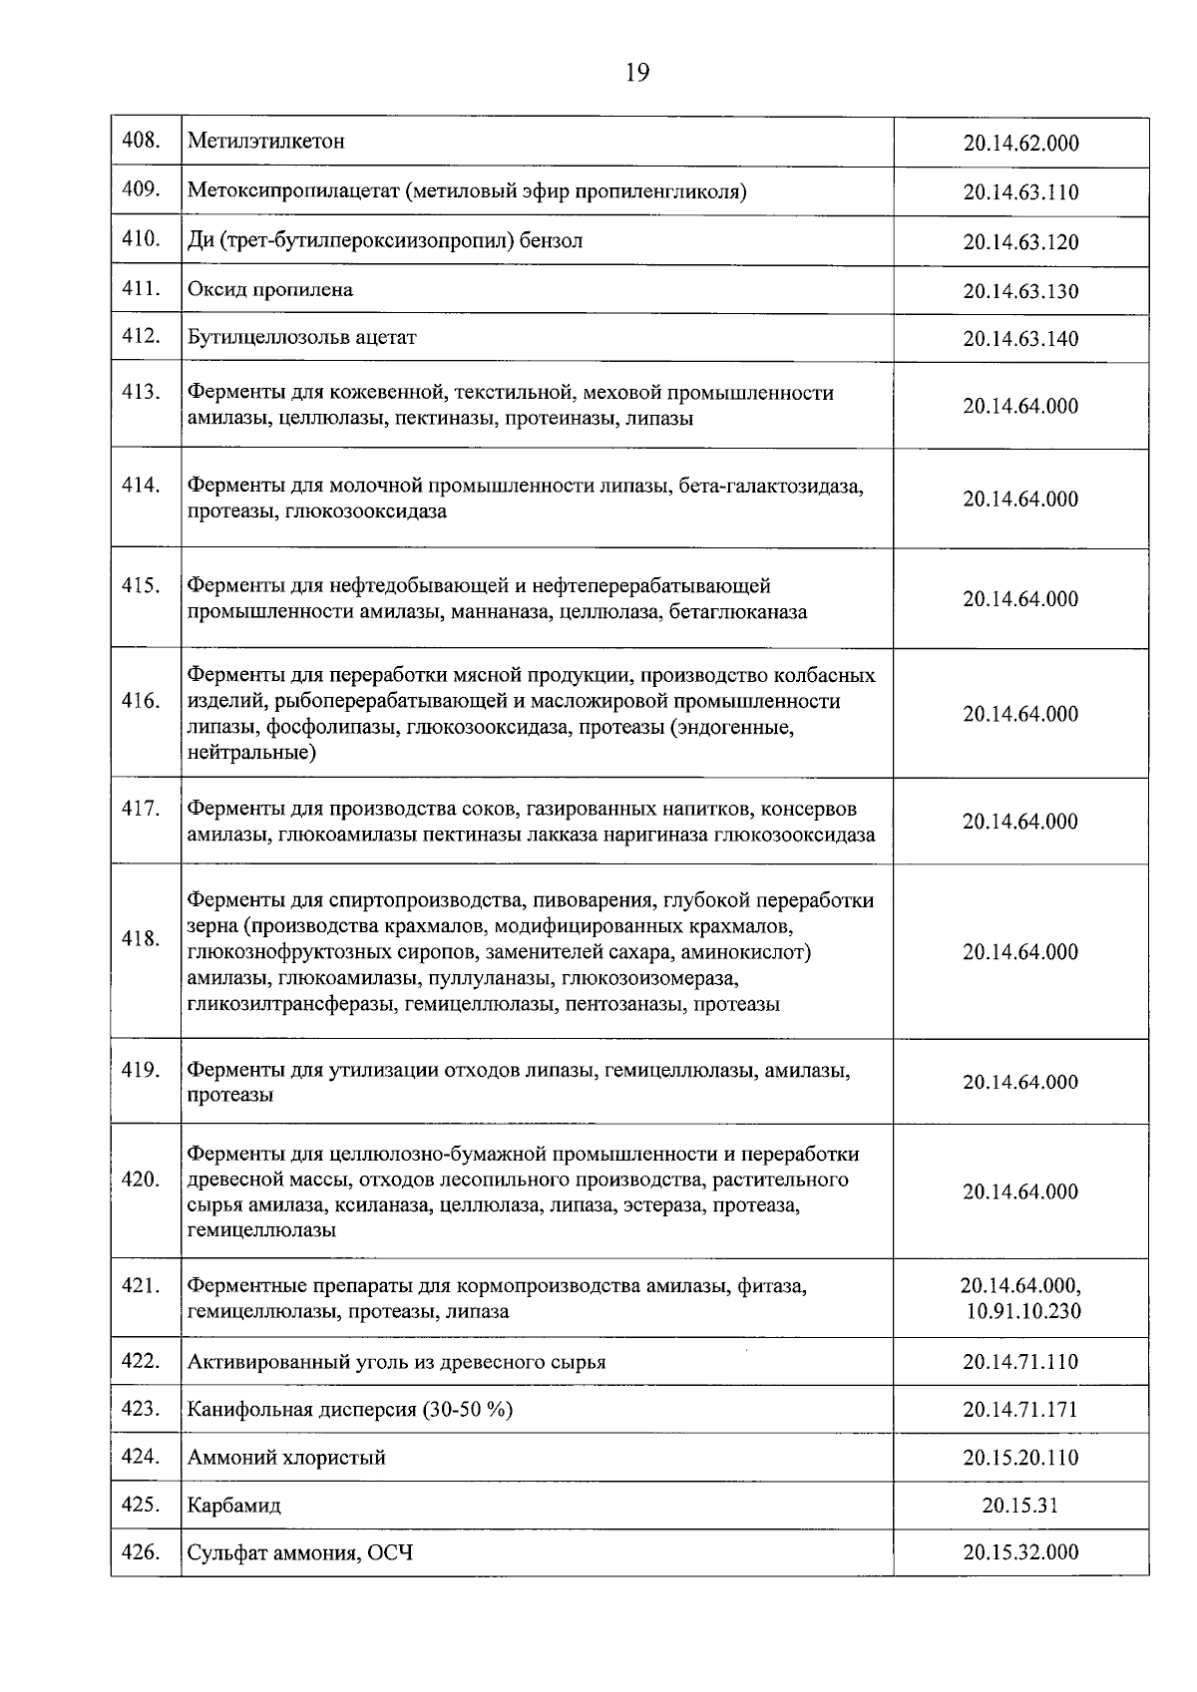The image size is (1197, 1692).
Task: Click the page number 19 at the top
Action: pyautogui.click(x=637, y=72)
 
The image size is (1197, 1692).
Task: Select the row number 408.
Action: pyautogui.click(x=142, y=140)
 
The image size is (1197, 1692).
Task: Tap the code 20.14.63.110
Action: pyautogui.click(x=1020, y=192)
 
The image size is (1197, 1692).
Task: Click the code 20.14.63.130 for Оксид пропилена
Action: pyautogui.click(x=1020, y=292)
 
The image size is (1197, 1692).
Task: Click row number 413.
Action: pyautogui.click(x=142, y=392)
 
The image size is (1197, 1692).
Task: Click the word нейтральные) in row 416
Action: pyautogui.click(x=252, y=753)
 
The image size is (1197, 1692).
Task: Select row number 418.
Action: pyautogui.click(x=142, y=938)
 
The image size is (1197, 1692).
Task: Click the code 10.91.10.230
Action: pyautogui.click(x=1022, y=1311)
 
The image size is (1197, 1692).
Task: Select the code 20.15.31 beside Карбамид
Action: pyautogui.click(x=1019, y=1506)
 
